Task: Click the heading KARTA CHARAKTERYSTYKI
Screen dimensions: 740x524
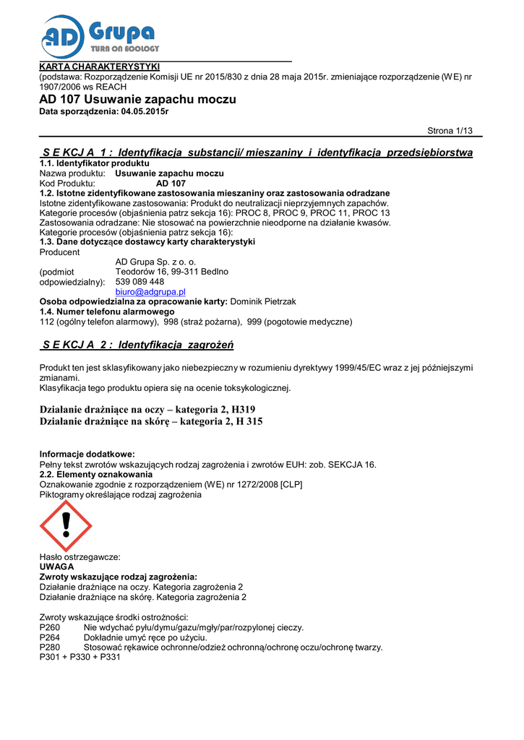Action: (99, 67)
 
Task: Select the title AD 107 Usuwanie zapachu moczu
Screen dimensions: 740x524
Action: (137, 99)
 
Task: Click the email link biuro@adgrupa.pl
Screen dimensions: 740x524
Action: (150, 291)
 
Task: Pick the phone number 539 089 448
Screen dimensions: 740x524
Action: (139, 281)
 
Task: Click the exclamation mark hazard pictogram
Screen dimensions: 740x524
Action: (66, 525)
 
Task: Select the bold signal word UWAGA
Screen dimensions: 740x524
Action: (56, 567)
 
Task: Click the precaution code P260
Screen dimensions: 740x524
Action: (50, 627)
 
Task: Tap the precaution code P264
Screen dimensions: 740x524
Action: (50, 637)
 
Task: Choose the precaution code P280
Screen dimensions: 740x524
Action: (50, 647)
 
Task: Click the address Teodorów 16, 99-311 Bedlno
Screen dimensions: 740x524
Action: (172, 272)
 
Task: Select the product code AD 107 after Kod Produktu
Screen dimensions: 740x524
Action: (171, 184)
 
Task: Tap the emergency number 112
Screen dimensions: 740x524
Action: (47, 321)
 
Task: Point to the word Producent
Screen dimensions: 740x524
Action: (59, 252)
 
